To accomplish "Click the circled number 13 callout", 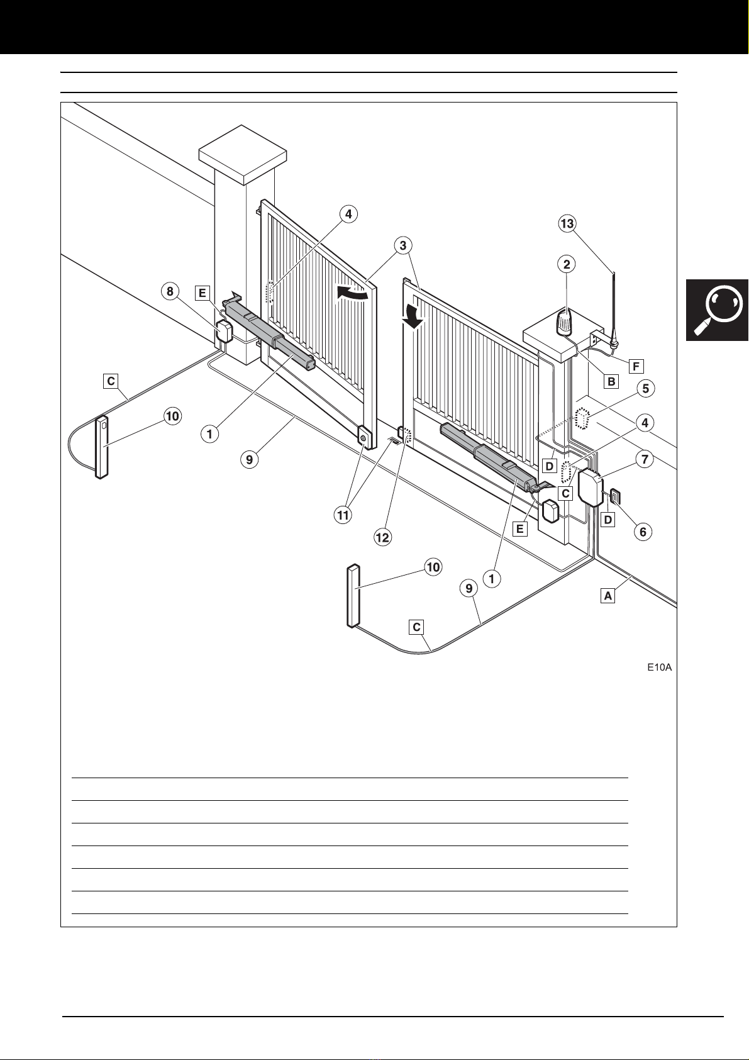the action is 567,224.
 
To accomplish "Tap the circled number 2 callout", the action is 567,264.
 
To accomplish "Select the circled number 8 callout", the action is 170,292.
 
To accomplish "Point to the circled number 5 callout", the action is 645,389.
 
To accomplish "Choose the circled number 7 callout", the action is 645,460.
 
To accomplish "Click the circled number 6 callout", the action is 643,532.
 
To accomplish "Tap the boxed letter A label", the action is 608,595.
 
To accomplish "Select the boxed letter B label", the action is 611,381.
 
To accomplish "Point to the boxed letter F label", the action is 636,365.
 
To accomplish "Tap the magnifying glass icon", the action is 718,310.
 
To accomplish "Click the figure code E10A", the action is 660,667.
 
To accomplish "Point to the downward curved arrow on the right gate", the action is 413,313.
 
